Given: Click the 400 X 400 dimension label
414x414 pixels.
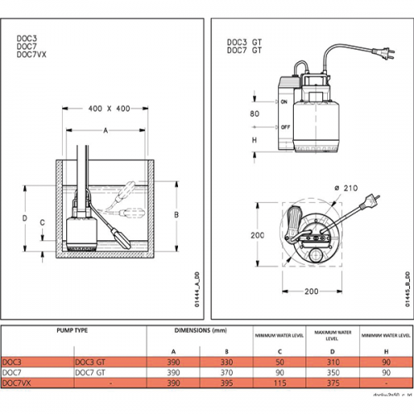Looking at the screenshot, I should tap(108, 109).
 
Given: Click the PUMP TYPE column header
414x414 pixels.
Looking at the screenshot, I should tap(75, 330).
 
